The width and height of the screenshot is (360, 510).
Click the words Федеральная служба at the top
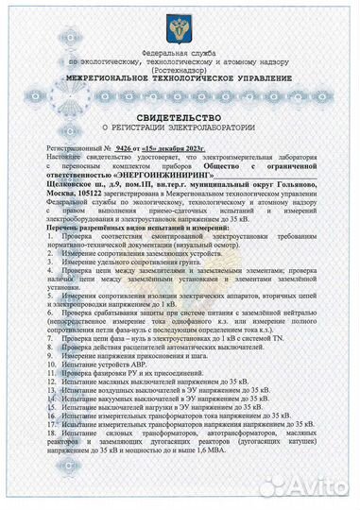point(180,54)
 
